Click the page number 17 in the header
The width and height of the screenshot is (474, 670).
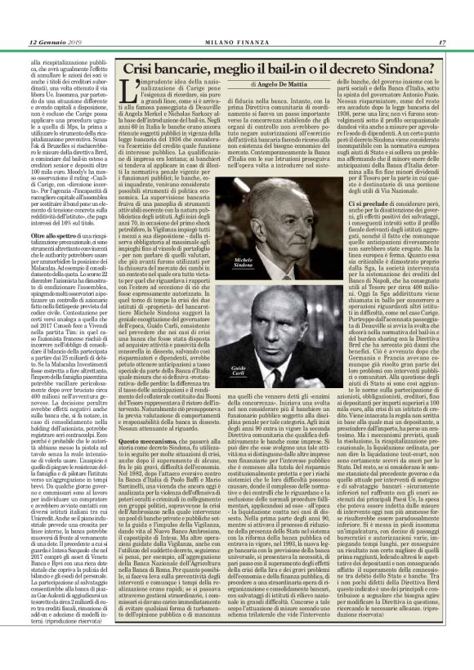point(441,43)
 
